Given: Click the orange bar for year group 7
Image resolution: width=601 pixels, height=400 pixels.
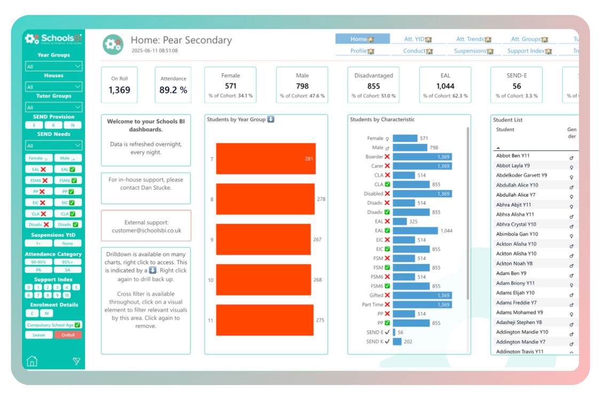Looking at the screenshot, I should pyautogui.click(x=266, y=158).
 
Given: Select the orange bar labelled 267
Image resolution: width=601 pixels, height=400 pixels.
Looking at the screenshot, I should pyautogui.click(x=263, y=239).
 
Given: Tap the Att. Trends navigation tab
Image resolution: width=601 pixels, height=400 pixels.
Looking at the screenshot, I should pyautogui.click(x=473, y=39).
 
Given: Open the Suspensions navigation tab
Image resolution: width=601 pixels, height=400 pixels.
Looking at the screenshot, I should pyautogui.click(x=473, y=51).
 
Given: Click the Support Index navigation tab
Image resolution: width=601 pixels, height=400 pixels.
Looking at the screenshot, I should pyautogui.click(x=529, y=51).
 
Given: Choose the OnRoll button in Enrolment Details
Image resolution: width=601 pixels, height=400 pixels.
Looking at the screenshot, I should pyautogui.click(x=68, y=335).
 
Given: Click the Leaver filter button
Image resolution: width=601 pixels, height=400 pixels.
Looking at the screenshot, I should pyautogui.click(x=39, y=335).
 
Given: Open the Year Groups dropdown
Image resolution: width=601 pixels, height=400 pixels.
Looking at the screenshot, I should pyautogui.click(x=53, y=66).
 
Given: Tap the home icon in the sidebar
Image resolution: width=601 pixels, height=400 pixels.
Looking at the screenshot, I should pyautogui.click(x=32, y=361).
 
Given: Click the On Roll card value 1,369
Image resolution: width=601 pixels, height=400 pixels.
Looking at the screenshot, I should pyautogui.click(x=119, y=90).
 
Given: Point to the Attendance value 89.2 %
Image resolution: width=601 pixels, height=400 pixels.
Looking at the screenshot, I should pyautogui.click(x=173, y=90).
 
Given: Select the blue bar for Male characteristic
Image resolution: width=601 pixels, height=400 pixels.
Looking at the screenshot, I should pyautogui.click(x=410, y=148).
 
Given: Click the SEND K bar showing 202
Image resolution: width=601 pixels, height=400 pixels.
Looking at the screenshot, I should pyautogui.click(x=397, y=341).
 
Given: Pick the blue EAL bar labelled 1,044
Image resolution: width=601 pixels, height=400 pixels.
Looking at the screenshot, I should pyautogui.click(x=415, y=230).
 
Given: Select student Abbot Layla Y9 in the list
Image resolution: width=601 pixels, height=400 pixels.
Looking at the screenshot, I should pyautogui.click(x=513, y=165).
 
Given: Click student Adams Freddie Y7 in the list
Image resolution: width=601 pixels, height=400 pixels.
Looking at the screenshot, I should pyautogui.click(x=516, y=302).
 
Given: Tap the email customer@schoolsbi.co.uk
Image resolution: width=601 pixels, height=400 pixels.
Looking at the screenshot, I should pyautogui.click(x=146, y=230).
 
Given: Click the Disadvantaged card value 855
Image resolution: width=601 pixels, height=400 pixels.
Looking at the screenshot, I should pyautogui.click(x=373, y=86).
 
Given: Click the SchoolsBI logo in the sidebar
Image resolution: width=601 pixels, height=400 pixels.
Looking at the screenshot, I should pyautogui.click(x=53, y=38).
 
